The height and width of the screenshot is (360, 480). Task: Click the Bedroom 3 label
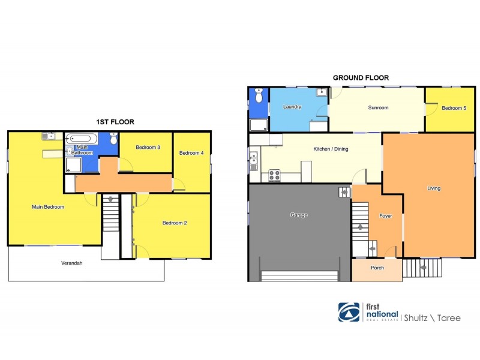tap(147, 148)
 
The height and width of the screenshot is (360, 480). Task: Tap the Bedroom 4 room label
tap(191, 153)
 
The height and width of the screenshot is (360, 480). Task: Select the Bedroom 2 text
tap(175, 223)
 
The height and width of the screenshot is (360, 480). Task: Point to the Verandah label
tap(71, 263)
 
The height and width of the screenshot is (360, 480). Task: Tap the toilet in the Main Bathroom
tap(113, 138)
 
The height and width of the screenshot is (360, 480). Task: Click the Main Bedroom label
tap(47, 207)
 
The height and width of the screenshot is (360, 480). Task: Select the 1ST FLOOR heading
tap(115, 122)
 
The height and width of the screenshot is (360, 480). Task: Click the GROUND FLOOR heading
tap(361, 77)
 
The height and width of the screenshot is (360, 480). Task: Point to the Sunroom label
tap(378, 108)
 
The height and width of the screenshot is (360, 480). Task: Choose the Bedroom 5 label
tap(454, 108)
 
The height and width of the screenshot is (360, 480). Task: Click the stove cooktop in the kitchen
tap(275, 175)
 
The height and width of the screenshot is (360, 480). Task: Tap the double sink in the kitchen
tap(253, 161)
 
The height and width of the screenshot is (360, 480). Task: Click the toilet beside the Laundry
tap(259, 96)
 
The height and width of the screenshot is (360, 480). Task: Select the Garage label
tap(299, 215)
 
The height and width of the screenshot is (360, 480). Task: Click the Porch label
tap(377, 268)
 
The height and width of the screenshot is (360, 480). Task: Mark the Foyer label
tap(385, 215)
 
